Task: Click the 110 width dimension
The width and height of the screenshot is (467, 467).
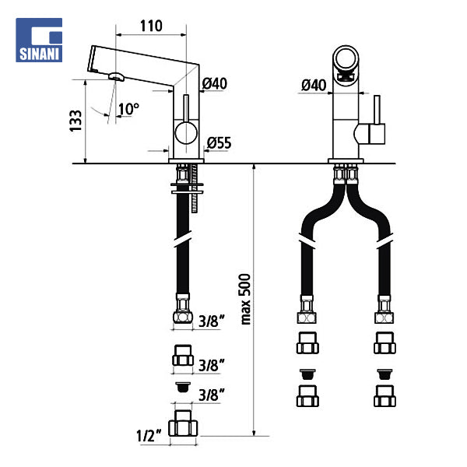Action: [x=152, y=25]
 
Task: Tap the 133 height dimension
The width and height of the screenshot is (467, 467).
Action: [x=75, y=120]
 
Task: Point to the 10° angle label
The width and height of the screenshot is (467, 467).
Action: [x=128, y=108]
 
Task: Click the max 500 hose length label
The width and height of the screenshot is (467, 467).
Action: [x=246, y=299]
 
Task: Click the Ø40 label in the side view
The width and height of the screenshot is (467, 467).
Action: [x=214, y=84]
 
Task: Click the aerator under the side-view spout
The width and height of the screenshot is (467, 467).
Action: [x=116, y=77]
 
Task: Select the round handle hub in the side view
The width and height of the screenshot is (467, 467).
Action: [x=185, y=133]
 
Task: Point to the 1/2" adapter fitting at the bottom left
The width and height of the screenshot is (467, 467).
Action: [x=185, y=424]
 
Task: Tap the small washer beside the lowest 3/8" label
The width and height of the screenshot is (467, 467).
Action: [x=184, y=385]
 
